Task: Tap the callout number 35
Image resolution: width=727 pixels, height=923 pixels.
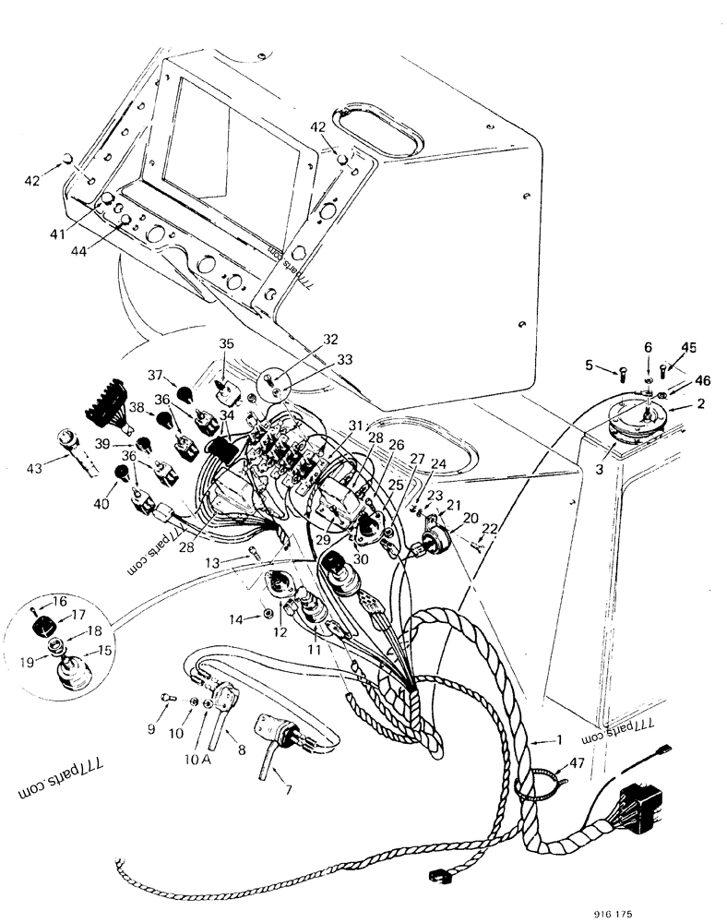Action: click(226, 343)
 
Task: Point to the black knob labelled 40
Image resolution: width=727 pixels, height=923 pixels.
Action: click(122, 473)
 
